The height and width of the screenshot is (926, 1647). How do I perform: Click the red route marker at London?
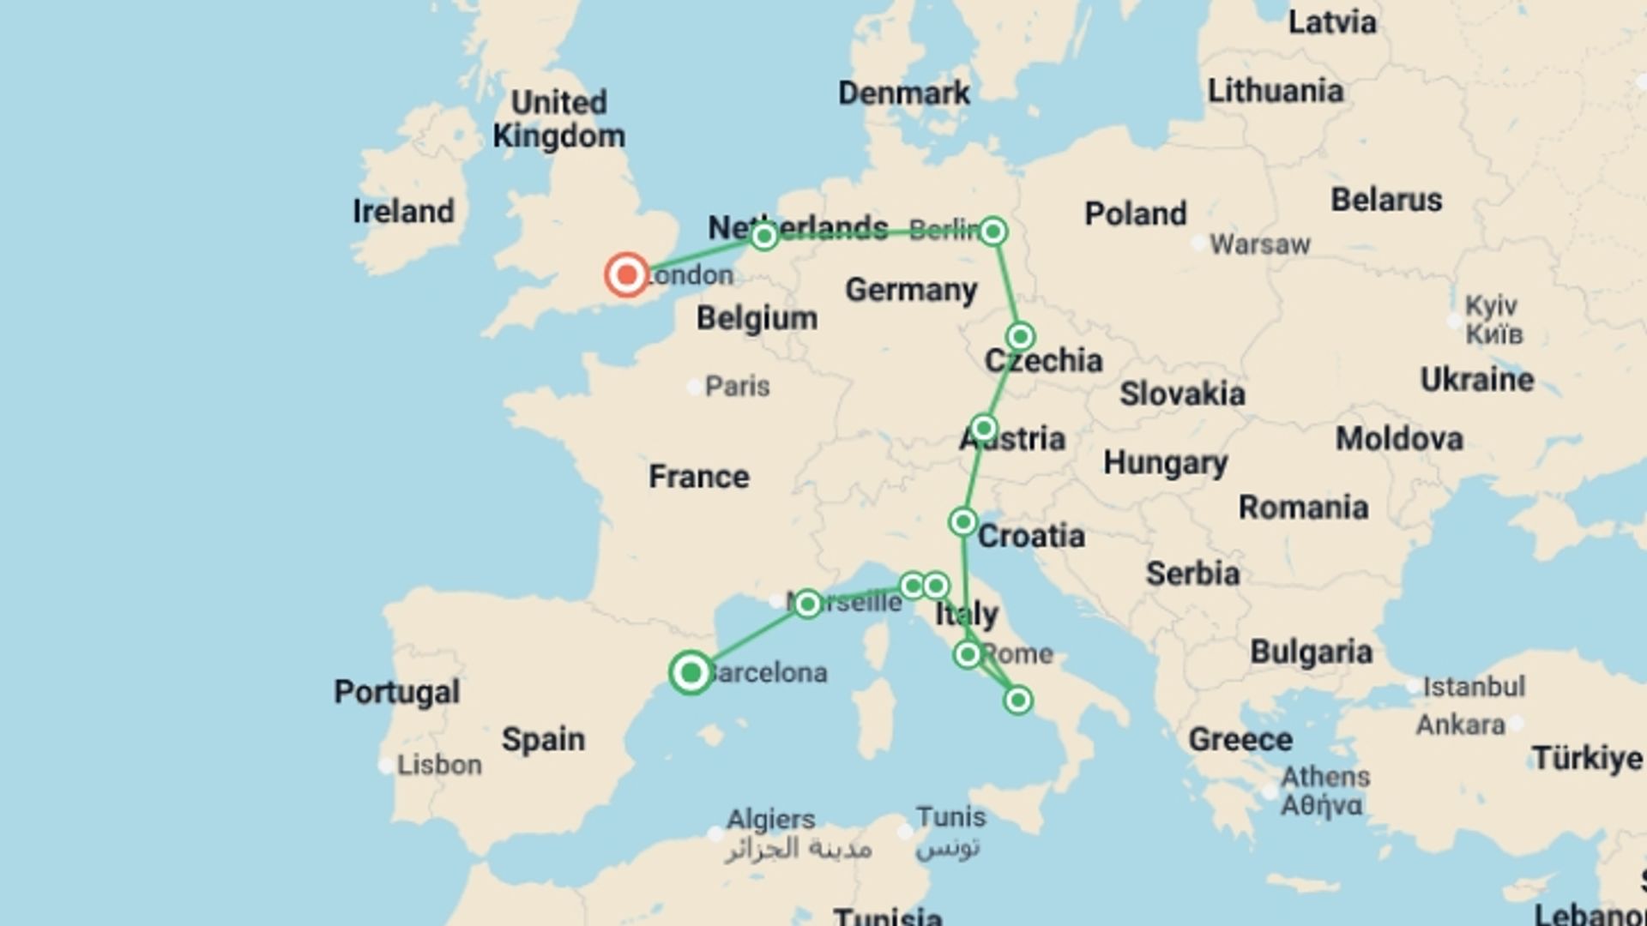(x=627, y=275)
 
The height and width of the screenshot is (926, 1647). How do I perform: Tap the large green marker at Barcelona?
(x=691, y=672)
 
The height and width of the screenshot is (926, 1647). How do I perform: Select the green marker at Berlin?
(x=993, y=231)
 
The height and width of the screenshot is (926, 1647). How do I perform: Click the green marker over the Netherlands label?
(x=764, y=235)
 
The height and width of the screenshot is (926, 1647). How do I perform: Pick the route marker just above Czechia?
(x=1020, y=336)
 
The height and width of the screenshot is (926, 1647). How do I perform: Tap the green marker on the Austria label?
(x=984, y=428)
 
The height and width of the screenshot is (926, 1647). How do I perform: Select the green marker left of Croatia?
(x=962, y=521)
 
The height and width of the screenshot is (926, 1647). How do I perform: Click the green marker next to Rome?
(x=968, y=655)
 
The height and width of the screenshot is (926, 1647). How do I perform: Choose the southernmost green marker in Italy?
(x=1017, y=701)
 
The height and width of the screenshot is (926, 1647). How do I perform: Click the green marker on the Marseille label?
(x=807, y=604)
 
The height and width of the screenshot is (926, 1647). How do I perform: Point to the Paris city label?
(x=737, y=387)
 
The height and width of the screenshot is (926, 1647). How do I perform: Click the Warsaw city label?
(x=1259, y=245)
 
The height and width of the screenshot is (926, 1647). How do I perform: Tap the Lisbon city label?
(x=438, y=765)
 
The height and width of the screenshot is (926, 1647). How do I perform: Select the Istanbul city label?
(x=1473, y=687)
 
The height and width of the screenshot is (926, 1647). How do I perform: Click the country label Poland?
(x=1135, y=213)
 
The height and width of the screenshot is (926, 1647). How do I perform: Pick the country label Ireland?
(x=403, y=211)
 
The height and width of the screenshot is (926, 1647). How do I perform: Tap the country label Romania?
(x=1302, y=508)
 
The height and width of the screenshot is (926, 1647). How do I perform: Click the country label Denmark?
(x=903, y=93)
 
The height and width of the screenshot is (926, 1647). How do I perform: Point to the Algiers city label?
(x=770, y=819)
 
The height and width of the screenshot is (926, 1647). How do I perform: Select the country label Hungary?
(x=1165, y=463)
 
